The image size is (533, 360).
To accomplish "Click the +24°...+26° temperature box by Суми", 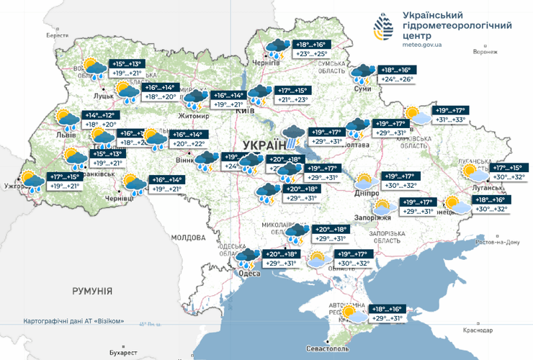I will pyautogui.click(x=398, y=79).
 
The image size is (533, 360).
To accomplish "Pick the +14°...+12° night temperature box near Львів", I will pyautogui.click(x=100, y=114).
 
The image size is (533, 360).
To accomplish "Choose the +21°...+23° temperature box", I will pyautogui.click(x=292, y=100).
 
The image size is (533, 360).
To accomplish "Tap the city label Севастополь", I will pyautogui.click(x=328, y=348).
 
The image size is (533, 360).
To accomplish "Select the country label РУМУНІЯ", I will pyautogui.click(x=92, y=291).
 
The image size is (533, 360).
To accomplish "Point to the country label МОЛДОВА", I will pyautogui.click(x=189, y=237).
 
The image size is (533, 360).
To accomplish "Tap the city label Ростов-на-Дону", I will pyautogui.click(x=493, y=242).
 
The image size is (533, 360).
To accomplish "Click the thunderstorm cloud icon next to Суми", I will pyautogui.click(x=362, y=73).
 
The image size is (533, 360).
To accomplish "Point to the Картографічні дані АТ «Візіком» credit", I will pyautogui.click(x=74, y=320).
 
